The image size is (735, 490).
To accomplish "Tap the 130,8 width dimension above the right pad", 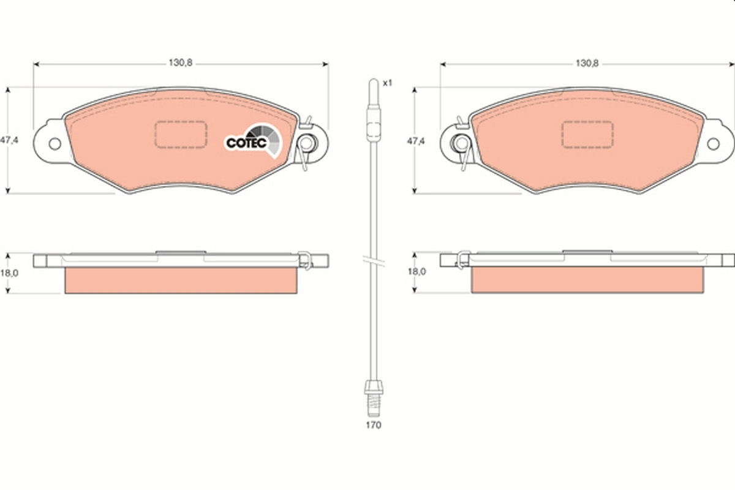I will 586,63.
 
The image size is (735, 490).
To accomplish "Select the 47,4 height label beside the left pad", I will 9,140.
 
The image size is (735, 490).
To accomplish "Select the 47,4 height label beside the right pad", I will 416,140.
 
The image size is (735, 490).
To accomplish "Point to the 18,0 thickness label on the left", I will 9,274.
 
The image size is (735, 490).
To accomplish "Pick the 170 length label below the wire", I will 373,424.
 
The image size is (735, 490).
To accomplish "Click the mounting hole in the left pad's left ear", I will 55,144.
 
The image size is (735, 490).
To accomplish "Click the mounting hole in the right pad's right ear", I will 713,143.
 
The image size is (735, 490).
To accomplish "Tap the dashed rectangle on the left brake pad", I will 180,134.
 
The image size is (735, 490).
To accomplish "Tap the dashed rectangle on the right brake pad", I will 587,134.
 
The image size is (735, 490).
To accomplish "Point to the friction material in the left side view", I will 181,280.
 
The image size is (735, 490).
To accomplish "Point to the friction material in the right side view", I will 587,280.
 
